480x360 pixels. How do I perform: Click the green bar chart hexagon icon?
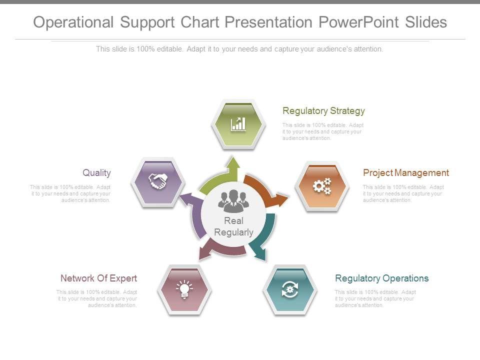click(238, 123)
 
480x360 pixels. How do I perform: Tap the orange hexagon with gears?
click(321, 186)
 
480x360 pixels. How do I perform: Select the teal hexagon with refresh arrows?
click(290, 289)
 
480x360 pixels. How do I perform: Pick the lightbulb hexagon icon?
click(184, 289)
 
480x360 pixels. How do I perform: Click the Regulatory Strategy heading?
click(323, 110)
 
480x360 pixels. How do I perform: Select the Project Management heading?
click(405, 173)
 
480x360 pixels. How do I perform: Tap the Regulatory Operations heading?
click(381, 278)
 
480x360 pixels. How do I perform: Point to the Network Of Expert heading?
click(98, 278)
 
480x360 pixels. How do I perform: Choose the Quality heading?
click(96, 173)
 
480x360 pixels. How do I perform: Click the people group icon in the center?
click(233, 201)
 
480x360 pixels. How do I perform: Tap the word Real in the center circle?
click(233, 221)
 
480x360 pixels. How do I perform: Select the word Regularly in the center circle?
click(233, 232)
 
